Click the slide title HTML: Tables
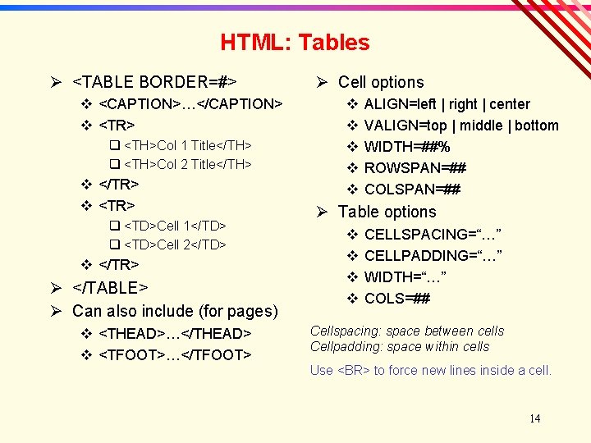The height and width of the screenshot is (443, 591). [295, 43]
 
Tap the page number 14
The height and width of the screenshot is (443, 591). [534, 419]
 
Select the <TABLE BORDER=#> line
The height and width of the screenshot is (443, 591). [155, 82]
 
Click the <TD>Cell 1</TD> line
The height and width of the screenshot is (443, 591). [175, 226]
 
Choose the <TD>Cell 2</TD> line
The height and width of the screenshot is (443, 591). [175, 244]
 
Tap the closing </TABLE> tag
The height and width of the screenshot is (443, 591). [110, 288]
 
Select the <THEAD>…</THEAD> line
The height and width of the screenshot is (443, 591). [174, 334]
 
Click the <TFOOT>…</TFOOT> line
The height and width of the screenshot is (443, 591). [174, 355]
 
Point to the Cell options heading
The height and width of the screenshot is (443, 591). [381, 82]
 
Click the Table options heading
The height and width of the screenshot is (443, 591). [387, 212]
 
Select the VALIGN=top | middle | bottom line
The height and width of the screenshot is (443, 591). [460, 126]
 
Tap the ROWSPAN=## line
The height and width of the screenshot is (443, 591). [415, 168]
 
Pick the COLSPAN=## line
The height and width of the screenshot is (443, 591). [412, 190]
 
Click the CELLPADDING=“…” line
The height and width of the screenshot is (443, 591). [433, 256]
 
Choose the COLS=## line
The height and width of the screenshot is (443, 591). [396, 299]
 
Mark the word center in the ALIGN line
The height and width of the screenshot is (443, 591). [510, 104]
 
